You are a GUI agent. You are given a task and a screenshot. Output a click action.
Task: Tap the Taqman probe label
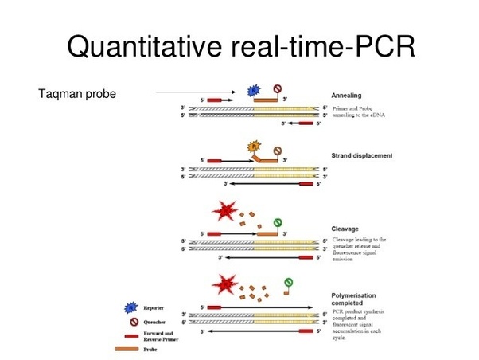pos(77,95)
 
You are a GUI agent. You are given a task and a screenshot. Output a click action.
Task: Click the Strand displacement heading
pos(360,155)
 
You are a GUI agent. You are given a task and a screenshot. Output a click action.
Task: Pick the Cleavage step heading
pos(346,229)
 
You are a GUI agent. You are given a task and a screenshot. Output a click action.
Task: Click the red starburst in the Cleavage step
pos(225,213)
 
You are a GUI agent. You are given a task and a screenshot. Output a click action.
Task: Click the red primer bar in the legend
pos(127,335)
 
